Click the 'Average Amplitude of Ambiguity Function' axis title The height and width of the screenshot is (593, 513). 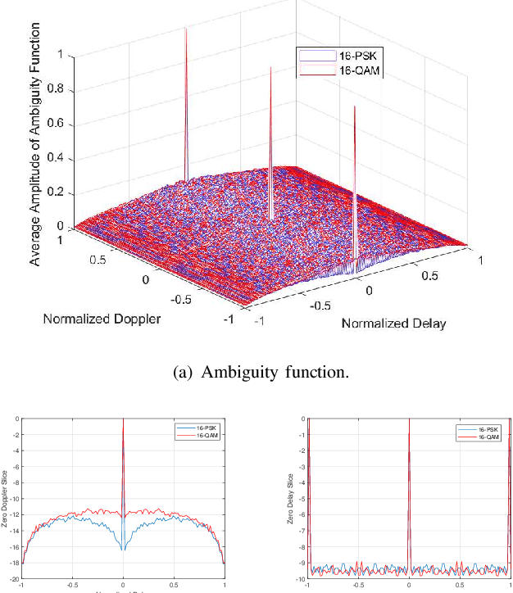click(x=35, y=156)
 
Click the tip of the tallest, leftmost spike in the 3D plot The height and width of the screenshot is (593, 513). click(x=186, y=29)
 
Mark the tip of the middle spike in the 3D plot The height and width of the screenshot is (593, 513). click(x=270, y=69)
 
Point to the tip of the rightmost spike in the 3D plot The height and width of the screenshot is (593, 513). click(x=354, y=107)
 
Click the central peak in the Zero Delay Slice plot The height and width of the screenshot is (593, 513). click(x=408, y=422)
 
